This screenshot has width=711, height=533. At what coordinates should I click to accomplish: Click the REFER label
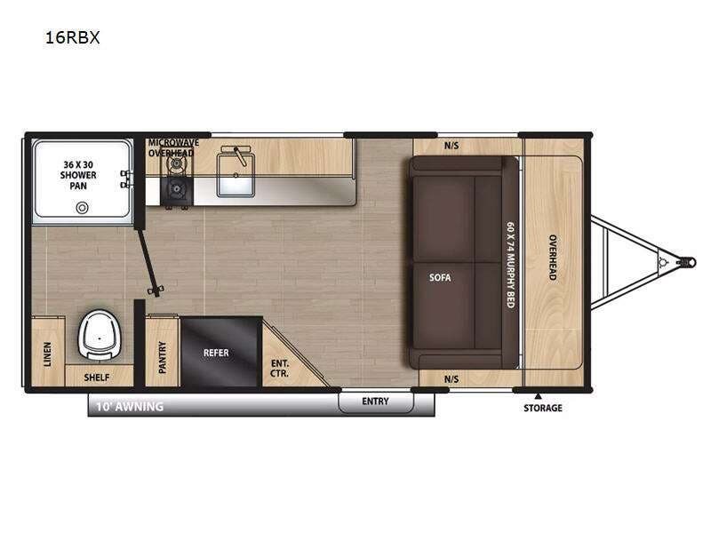tap(216, 353)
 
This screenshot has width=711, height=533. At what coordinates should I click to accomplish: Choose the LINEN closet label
tap(47, 354)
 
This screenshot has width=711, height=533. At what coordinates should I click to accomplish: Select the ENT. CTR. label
tap(279, 367)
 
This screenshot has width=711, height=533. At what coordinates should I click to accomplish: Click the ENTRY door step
tap(376, 402)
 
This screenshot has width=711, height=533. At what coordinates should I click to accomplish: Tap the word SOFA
tap(440, 277)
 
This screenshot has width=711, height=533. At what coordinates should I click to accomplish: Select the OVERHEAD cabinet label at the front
tap(552, 259)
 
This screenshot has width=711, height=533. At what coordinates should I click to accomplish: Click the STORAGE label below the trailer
tap(542, 408)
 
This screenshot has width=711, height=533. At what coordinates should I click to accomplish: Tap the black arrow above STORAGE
tap(538, 395)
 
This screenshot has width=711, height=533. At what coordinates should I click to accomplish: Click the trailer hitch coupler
tap(687, 262)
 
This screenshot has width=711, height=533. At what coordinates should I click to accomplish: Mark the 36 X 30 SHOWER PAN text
tap(80, 175)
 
